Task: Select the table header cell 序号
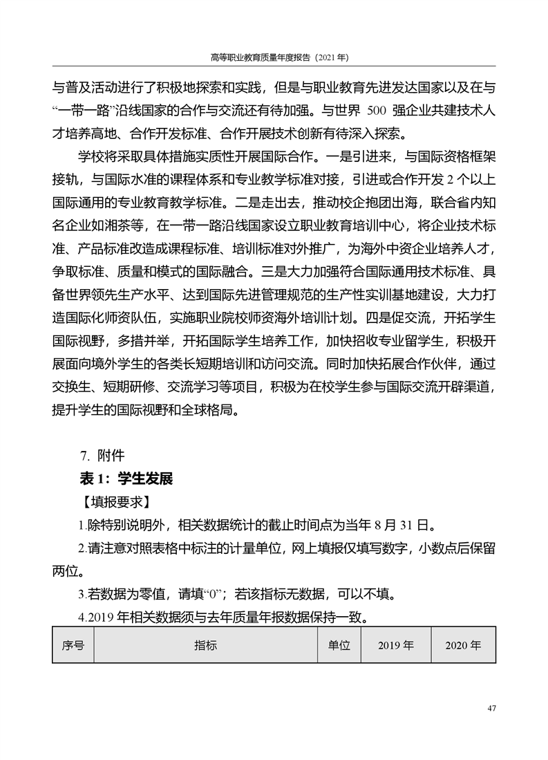click(73, 645)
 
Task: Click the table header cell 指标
click(205, 645)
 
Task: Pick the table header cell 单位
click(339, 645)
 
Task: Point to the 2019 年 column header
click(395, 645)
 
